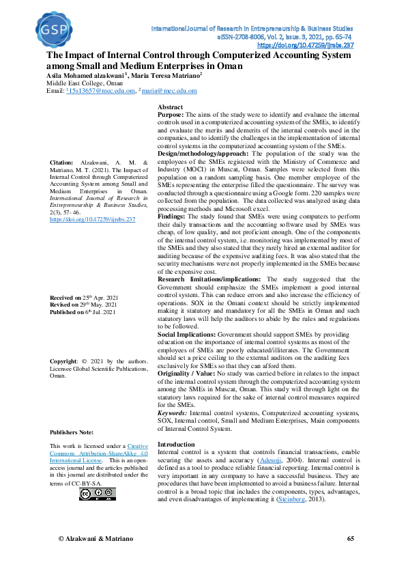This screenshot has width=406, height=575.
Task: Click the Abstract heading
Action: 170,108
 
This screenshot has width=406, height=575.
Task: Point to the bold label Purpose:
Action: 171,115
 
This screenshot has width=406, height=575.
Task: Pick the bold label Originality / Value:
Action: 186,374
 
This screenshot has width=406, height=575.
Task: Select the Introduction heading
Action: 176,444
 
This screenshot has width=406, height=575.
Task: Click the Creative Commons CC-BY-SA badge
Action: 92,494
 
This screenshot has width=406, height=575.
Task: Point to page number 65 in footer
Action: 350,539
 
